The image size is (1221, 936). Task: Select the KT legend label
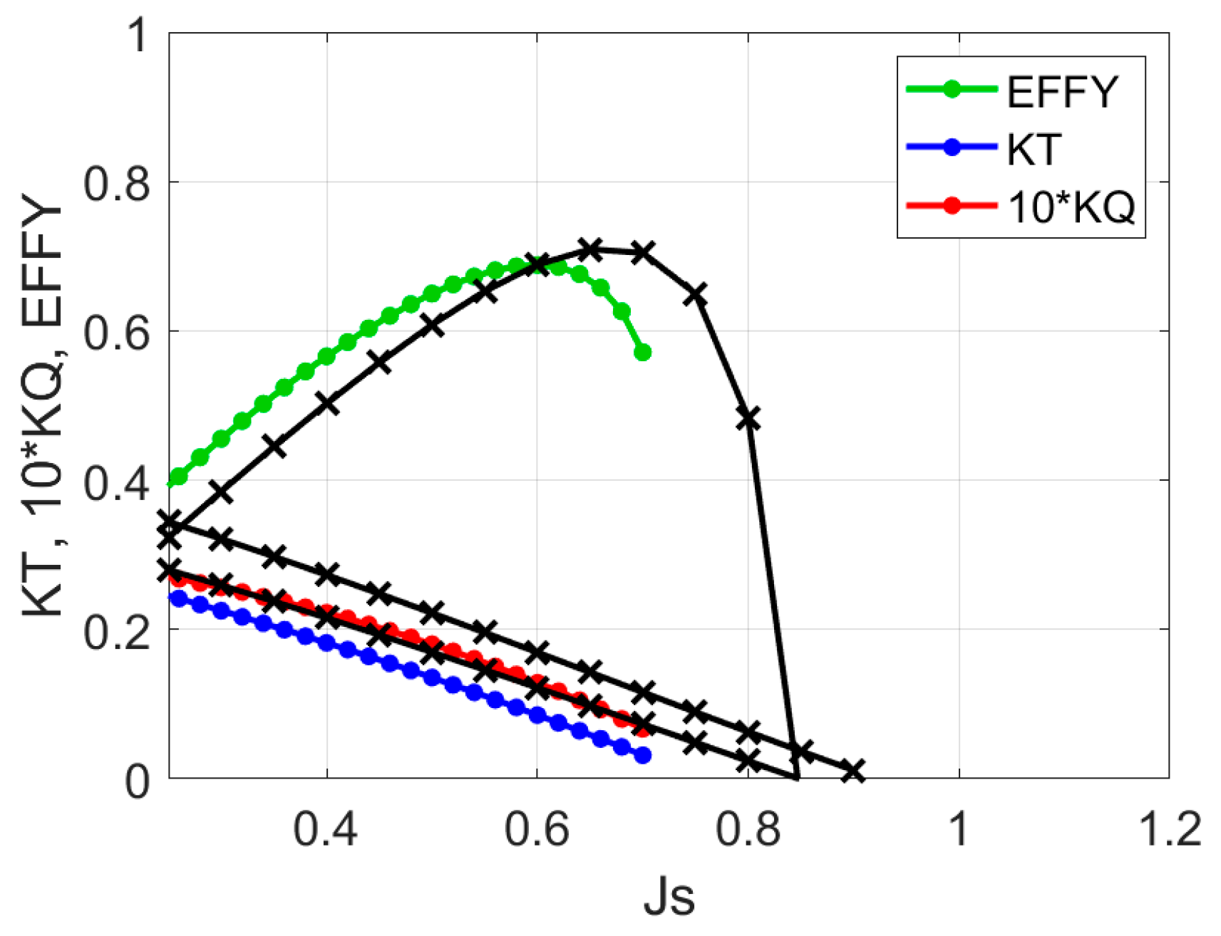pos(1034,149)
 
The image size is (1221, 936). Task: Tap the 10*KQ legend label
pos(1071,207)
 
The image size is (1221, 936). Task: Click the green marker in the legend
pos(952,89)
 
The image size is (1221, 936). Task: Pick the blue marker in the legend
pos(952,147)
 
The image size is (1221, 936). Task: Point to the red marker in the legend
pos(952,206)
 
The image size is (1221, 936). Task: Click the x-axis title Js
pos(669,898)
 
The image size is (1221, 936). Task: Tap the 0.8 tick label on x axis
pos(748,830)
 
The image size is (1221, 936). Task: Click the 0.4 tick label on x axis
pos(326,830)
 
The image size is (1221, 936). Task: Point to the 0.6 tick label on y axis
pos(117,332)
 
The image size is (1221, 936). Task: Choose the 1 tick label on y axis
pos(135,34)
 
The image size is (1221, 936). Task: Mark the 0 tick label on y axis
pos(137,781)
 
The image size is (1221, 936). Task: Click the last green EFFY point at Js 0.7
pos(643,353)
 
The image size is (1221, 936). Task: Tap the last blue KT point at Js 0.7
pos(643,755)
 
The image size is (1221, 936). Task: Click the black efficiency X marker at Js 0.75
pos(696,294)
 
